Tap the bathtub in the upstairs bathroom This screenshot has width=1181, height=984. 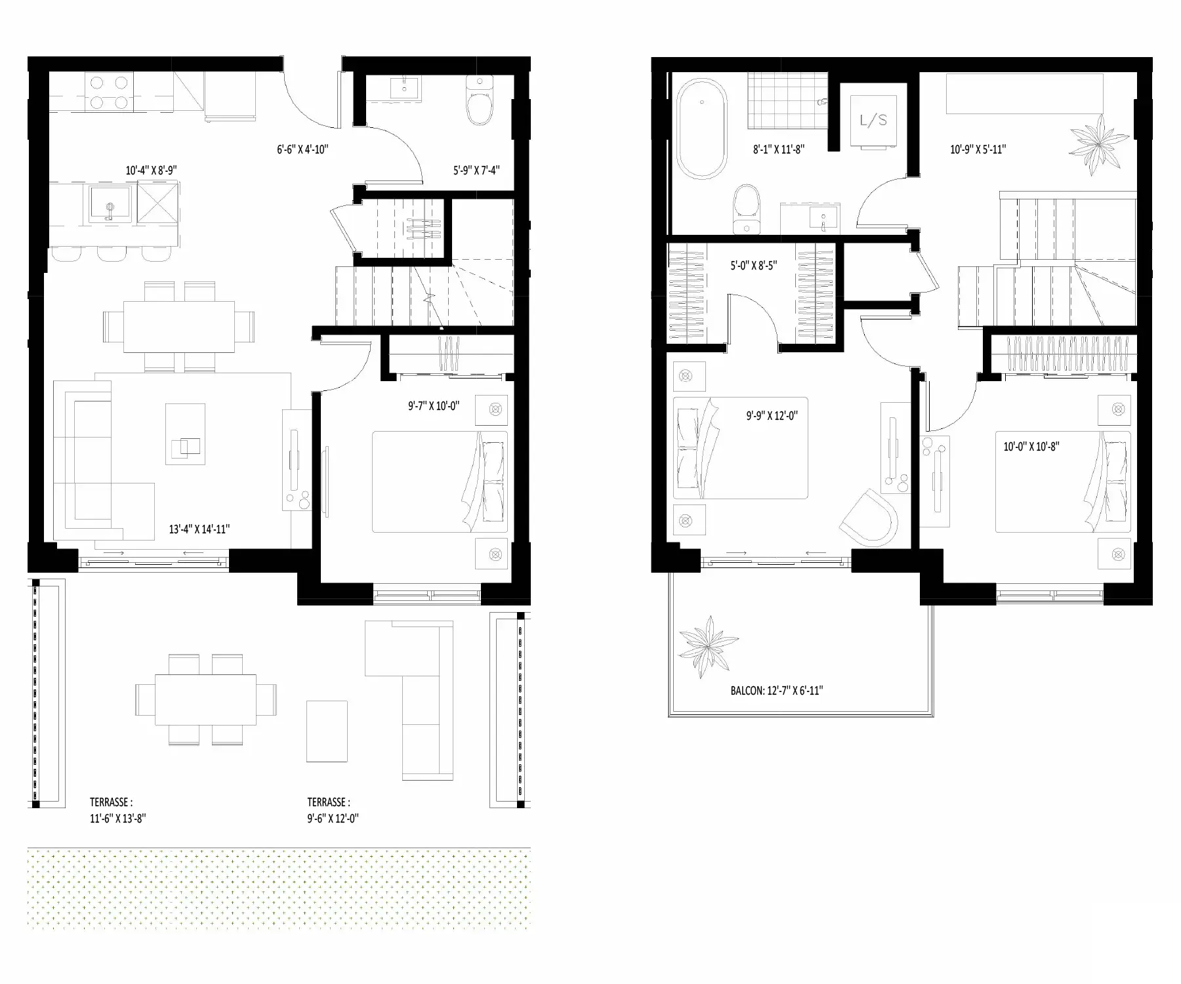click(701, 129)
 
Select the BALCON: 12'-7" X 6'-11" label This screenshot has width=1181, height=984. click(776, 691)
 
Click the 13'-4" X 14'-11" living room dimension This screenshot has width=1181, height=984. click(199, 529)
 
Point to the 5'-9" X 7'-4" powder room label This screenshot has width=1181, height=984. click(476, 171)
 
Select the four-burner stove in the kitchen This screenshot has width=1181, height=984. click(109, 92)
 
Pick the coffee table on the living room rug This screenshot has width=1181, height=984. click(185, 434)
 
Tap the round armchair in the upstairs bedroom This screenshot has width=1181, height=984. click(871, 518)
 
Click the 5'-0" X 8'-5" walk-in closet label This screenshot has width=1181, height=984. click(753, 266)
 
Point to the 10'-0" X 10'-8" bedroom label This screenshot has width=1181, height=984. click(1031, 447)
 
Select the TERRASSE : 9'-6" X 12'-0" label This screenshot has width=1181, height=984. click(333, 810)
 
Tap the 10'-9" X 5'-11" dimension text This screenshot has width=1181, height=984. click(978, 150)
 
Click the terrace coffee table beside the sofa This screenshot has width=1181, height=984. click(327, 731)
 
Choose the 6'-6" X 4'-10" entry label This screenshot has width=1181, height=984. click(302, 150)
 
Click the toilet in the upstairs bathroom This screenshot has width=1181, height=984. click(747, 209)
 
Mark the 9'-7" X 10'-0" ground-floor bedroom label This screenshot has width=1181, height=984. click(434, 406)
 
